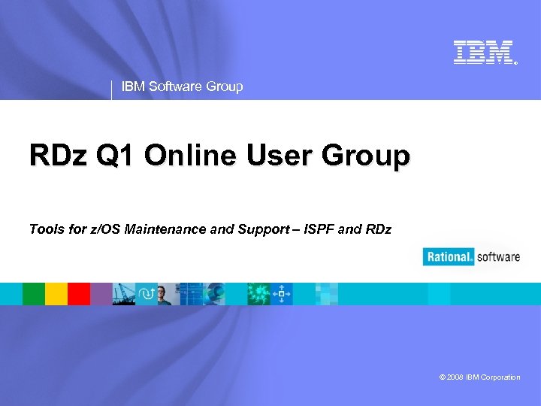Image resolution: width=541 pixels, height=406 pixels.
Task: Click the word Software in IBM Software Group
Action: tap(175, 86)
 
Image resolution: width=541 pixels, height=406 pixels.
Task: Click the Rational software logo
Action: tap(472, 257)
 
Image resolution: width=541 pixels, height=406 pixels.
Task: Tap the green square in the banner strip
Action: tap(34, 294)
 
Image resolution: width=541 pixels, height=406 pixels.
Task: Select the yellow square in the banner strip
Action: tap(56, 294)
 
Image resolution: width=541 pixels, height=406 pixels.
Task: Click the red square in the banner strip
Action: tap(79, 294)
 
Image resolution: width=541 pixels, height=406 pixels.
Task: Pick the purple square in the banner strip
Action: tap(101, 294)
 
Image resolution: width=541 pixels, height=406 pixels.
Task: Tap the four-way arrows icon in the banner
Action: tap(282, 294)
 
